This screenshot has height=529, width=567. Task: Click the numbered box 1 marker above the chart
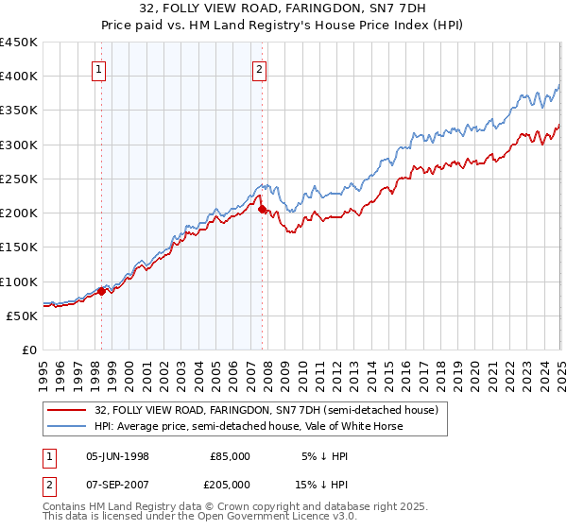99,68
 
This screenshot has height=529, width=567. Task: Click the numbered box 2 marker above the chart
259,68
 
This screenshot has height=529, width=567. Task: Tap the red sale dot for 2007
262,210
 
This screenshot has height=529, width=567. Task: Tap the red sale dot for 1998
102,292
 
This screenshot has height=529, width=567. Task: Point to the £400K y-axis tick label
19,77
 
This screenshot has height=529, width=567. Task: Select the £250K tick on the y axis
19,179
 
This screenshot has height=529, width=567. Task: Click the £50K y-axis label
23,316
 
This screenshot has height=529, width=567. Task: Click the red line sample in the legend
67,411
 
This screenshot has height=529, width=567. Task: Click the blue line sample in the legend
67,426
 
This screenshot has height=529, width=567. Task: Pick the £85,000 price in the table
231,456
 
